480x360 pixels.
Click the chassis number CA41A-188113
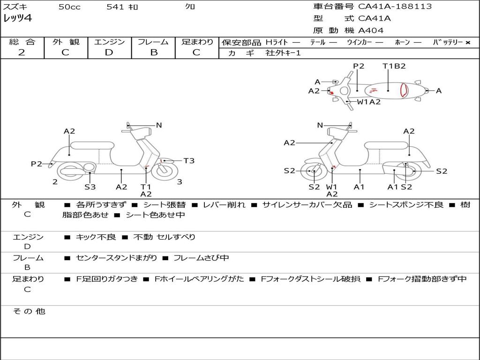(395, 7)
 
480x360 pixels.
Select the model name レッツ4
(17, 19)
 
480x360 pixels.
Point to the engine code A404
(371, 30)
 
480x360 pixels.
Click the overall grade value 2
(22, 52)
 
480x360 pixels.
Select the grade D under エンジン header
(109, 52)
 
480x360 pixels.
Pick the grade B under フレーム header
(153, 52)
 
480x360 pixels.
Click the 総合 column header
(22, 42)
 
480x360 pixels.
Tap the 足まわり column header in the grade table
(197, 42)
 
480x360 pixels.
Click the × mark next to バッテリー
(467, 42)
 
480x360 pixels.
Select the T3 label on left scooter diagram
(189, 161)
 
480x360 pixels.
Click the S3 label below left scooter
(90, 187)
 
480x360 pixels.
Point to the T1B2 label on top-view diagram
(394, 66)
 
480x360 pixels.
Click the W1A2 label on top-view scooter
(369, 102)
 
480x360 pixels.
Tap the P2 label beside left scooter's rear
(37, 164)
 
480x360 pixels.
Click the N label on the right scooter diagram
(320, 125)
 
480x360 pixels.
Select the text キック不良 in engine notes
(96, 237)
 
